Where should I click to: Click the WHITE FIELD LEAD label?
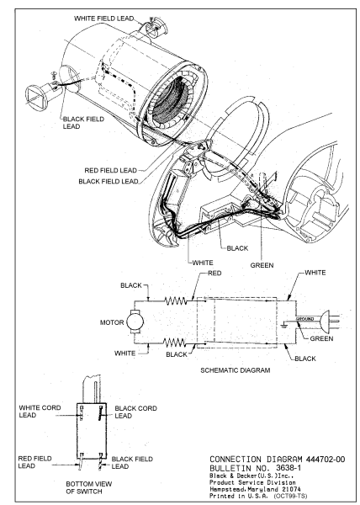point(104,19)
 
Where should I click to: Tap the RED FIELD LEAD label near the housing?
point(111,170)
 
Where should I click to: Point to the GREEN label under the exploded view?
point(262,265)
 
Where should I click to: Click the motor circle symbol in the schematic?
point(135,322)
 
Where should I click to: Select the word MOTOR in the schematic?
point(112,322)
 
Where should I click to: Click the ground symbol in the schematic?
point(283,325)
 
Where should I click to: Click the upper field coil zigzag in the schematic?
point(175,300)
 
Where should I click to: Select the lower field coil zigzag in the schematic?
point(174,342)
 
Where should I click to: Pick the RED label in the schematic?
point(214,273)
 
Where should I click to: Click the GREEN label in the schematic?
point(321,338)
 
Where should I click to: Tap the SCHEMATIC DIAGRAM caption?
point(236,370)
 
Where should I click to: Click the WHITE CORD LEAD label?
point(40,412)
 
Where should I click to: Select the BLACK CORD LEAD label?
point(135,412)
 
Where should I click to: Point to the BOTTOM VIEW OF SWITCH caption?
point(89,487)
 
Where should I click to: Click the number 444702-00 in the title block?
point(326,460)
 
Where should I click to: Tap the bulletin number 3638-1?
point(289,468)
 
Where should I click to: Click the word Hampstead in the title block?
point(225,489)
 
